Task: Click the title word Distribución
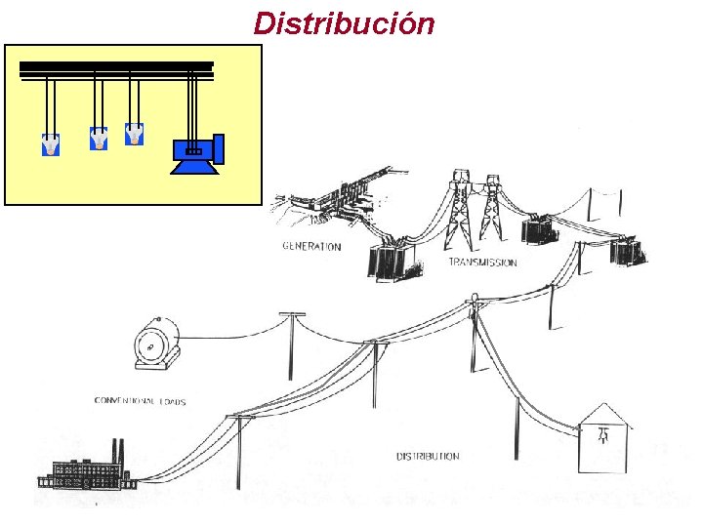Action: (x=344, y=22)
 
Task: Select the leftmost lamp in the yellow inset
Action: (x=50, y=144)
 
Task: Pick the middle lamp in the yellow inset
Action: (x=99, y=140)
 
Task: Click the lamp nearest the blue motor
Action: (x=134, y=135)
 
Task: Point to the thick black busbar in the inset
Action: (x=116, y=67)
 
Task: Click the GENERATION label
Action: (x=311, y=246)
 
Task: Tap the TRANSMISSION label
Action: (x=482, y=263)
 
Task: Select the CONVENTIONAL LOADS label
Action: (x=140, y=401)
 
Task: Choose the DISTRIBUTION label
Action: (x=428, y=456)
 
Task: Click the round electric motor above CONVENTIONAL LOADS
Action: (x=155, y=345)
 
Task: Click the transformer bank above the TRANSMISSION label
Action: (x=394, y=260)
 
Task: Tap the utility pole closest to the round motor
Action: (x=289, y=346)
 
